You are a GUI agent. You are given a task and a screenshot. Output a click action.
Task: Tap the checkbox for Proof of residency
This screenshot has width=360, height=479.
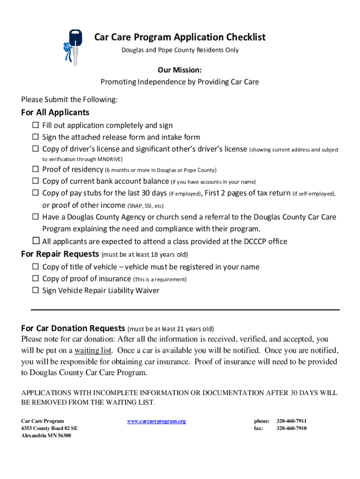pos(36,169)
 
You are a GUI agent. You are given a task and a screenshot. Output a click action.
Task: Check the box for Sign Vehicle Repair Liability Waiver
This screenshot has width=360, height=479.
pos(36,290)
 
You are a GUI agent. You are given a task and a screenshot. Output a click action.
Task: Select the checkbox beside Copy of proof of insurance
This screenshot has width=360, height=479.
pos(36,279)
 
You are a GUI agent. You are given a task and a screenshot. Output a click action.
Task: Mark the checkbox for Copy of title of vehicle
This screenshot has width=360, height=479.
pos(36,267)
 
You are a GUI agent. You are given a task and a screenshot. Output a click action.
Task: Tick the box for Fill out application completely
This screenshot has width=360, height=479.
pos(36,125)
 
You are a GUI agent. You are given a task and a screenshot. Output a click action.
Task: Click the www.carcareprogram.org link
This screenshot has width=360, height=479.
pos(156,421)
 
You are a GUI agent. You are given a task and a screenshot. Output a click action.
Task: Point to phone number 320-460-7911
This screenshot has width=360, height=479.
pos(291,421)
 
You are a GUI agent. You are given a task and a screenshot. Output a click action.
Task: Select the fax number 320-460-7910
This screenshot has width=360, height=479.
pos(291,428)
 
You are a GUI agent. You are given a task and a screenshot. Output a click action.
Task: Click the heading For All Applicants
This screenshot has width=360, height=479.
pos(55,113)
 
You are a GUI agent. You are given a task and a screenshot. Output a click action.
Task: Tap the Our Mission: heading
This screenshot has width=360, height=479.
pos(180,70)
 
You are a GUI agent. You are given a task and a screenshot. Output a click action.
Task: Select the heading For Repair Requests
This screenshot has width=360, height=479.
pos(60,254)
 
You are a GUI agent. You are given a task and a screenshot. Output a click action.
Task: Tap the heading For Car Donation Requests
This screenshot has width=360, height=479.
pos(73,328)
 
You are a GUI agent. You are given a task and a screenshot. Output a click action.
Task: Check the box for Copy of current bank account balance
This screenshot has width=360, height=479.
pos(36,181)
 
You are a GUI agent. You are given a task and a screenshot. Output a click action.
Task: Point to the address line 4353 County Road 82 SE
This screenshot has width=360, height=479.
pos(49,428)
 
